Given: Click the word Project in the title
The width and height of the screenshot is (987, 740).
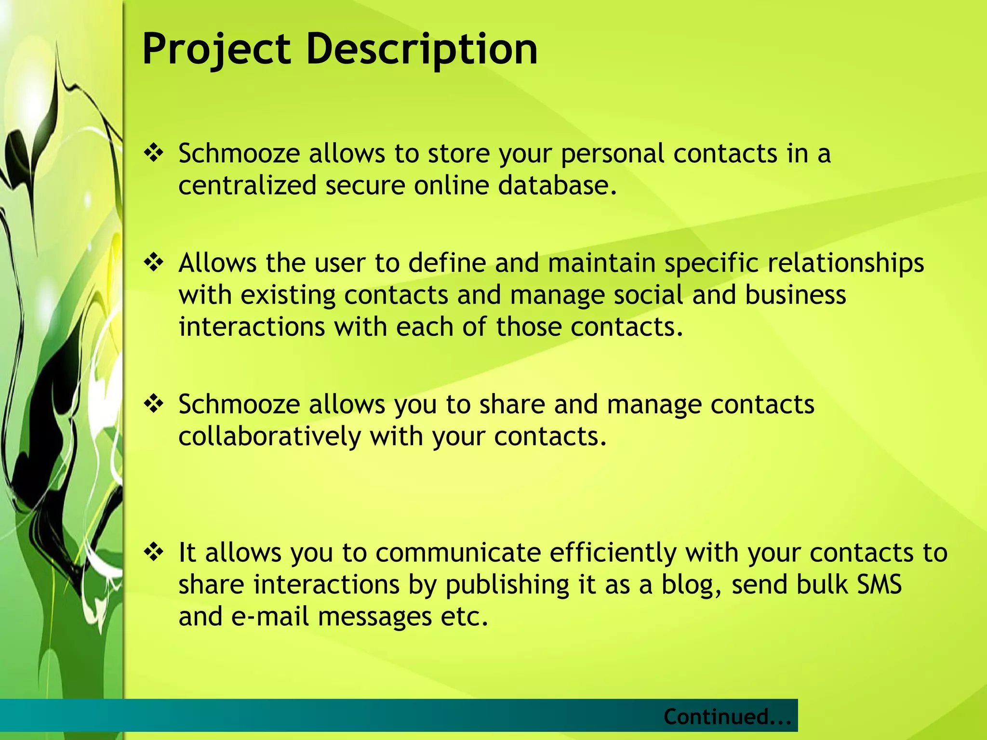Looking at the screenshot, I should tap(216, 49).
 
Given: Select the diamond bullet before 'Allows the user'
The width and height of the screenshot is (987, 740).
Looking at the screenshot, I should tap(154, 263).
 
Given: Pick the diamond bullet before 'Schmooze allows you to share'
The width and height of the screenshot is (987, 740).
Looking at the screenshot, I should tap(154, 404).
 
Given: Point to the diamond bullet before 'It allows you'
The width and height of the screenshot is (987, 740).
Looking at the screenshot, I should tap(154, 552).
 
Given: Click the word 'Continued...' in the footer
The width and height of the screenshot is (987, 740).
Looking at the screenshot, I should tap(727, 716).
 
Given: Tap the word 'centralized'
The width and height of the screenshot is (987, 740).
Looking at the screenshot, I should tap(247, 185).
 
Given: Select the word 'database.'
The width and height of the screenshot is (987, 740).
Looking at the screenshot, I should tap(557, 185).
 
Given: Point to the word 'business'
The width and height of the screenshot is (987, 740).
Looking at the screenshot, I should tap(795, 295).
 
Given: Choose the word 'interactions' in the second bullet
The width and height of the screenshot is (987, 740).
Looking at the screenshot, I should tap(252, 327).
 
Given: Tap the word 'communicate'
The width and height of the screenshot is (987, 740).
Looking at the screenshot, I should tap(458, 553).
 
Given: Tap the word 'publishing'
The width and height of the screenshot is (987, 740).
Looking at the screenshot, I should tap(507, 585).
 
